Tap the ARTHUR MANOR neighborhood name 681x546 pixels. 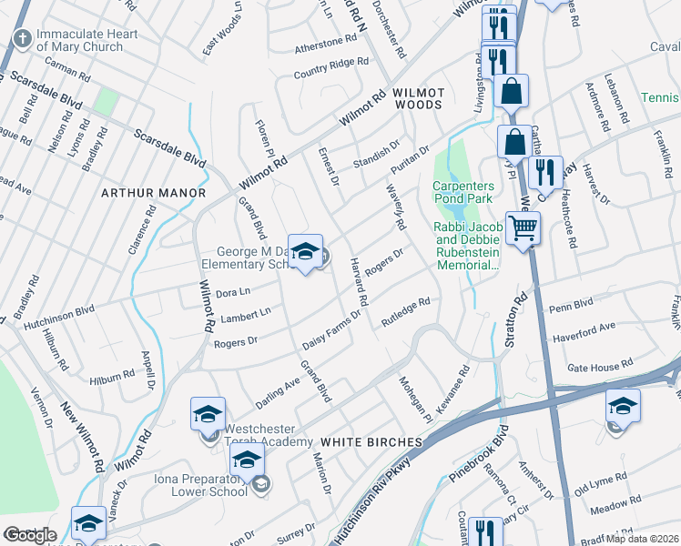click(x=153, y=193)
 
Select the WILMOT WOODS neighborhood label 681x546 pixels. click(x=418, y=99)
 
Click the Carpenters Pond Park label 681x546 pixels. click(x=469, y=193)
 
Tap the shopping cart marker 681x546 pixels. click(x=523, y=227)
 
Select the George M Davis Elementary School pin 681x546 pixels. click(x=306, y=253)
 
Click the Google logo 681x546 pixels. click(x=30, y=535)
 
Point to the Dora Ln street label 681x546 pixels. click(x=233, y=292)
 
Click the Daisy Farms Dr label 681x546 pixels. click(x=333, y=330)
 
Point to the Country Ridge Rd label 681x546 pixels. click(x=330, y=67)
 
